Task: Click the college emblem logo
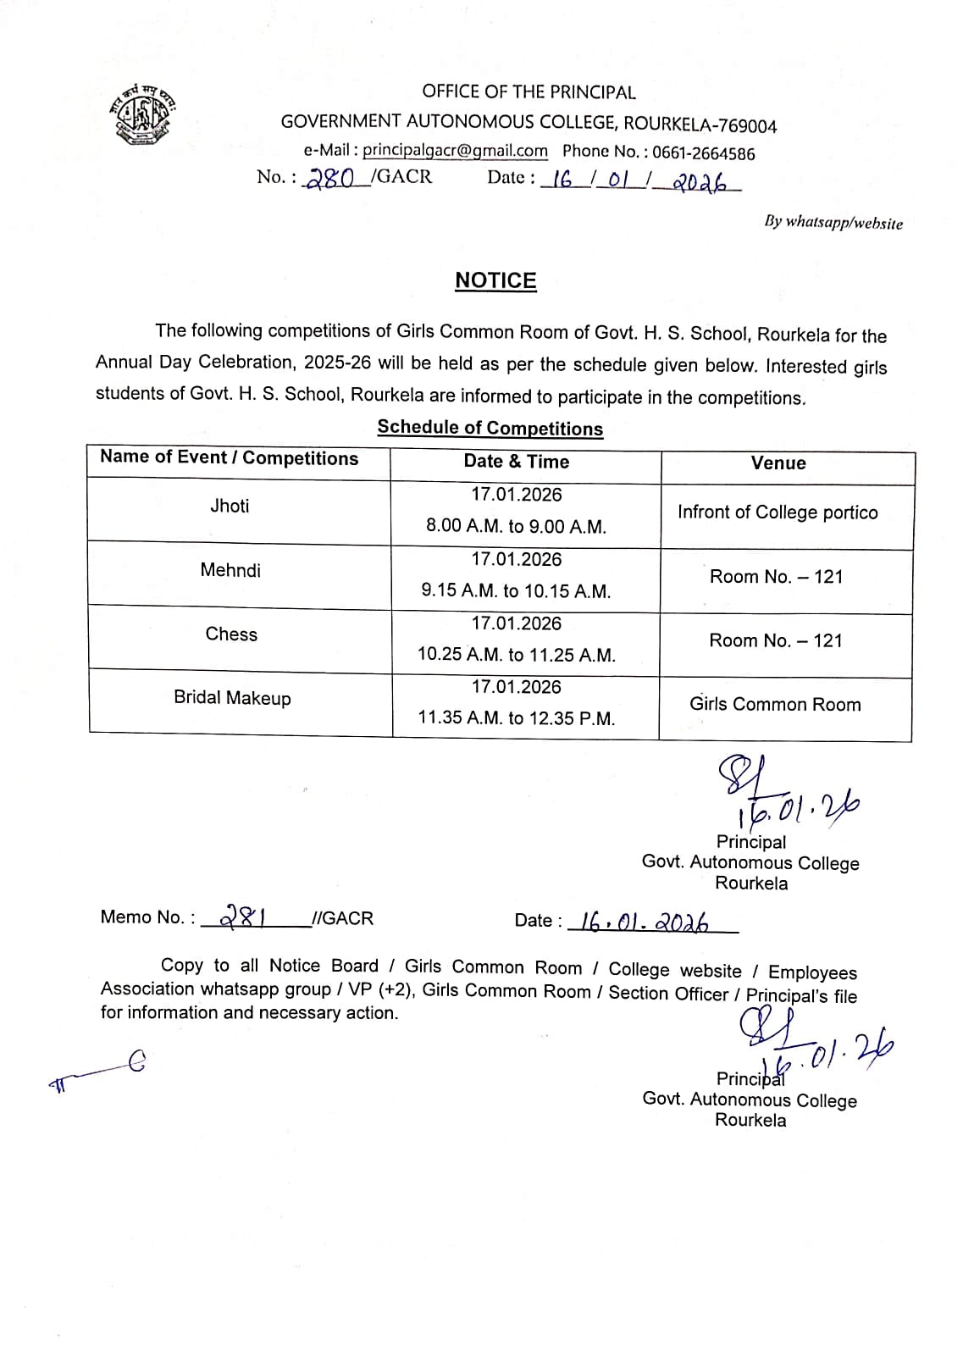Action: [142, 114]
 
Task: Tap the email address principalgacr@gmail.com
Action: [455, 151]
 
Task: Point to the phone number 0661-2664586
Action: [703, 153]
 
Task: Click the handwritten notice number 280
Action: [330, 178]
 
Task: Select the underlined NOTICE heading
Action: [495, 280]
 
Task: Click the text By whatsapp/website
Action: [833, 223]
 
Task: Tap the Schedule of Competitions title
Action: [490, 428]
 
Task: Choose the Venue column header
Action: [778, 463]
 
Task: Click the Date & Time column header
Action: [517, 462]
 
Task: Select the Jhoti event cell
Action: [230, 507]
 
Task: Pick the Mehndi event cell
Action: [230, 570]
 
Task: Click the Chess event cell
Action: [231, 634]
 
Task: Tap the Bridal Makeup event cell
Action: [232, 698]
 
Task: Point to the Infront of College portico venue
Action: [778, 512]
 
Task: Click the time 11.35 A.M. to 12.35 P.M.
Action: [517, 718]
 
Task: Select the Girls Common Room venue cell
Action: [775, 705]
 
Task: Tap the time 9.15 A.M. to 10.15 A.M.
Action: [516, 591]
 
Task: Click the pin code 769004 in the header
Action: [747, 126]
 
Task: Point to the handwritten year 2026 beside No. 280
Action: [701, 182]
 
